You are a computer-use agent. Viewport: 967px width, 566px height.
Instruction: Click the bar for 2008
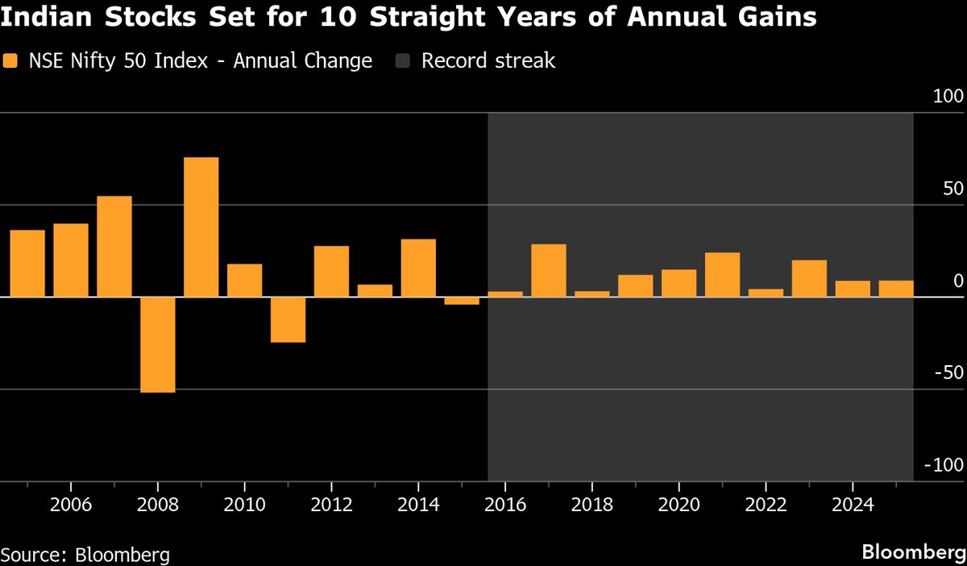pyautogui.click(x=158, y=345)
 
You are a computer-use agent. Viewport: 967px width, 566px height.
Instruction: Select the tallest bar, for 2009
pyautogui.click(x=201, y=227)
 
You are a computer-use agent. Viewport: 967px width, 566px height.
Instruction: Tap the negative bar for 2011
pyautogui.click(x=288, y=320)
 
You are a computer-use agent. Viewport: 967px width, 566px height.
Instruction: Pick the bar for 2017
pyautogui.click(x=549, y=271)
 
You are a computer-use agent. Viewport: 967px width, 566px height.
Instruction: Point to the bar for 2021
pyautogui.click(x=722, y=275)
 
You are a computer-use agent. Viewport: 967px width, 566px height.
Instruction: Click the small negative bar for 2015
pyautogui.click(x=462, y=301)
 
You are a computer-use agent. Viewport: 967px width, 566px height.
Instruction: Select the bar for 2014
pyautogui.click(x=418, y=268)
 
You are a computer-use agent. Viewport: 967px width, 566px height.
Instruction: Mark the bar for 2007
pyautogui.click(x=114, y=247)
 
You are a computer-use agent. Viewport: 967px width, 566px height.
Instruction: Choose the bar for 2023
pyautogui.click(x=809, y=279)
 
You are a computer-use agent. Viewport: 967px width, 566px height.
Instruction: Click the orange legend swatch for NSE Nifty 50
pyautogui.click(x=10, y=61)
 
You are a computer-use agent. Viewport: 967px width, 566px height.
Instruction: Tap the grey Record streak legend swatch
pyautogui.click(x=405, y=61)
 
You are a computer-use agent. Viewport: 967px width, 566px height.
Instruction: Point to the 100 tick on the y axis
pyautogui.click(x=948, y=97)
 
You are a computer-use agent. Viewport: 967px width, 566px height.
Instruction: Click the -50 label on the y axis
pyautogui.click(x=945, y=372)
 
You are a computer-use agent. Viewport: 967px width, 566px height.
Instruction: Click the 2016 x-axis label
pyautogui.click(x=505, y=506)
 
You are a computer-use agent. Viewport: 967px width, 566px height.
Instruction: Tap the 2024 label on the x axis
pyautogui.click(x=853, y=506)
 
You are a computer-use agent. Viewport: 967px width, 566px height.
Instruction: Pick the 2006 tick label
pyautogui.click(x=71, y=506)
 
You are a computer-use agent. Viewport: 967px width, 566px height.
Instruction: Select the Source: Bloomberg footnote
pyautogui.click(x=85, y=555)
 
